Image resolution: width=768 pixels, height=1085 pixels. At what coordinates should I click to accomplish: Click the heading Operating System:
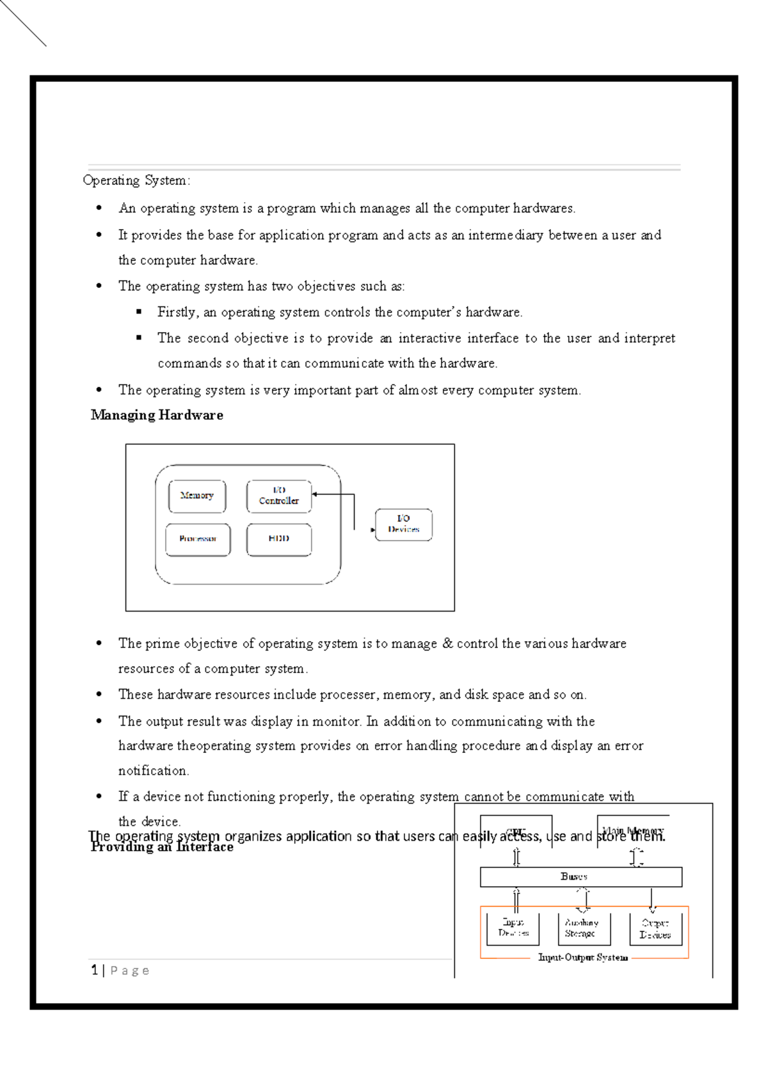pyautogui.click(x=136, y=180)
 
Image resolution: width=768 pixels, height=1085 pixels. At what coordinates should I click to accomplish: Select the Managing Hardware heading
pyautogui.click(x=157, y=415)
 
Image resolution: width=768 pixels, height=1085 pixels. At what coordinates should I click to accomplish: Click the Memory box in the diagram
pyautogui.click(x=197, y=496)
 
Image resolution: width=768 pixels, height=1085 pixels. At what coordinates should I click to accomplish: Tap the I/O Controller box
pyautogui.click(x=279, y=496)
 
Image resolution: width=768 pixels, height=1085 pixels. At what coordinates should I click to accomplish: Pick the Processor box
pyautogui.click(x=198, y=539)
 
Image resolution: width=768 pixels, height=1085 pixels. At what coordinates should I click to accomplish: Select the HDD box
pyautogui.click(x=279, y=539)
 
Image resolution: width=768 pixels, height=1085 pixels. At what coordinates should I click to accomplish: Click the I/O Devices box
pyautogui.click(x=403, y=525)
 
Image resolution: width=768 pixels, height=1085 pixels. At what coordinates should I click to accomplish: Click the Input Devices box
pyautogui.click(x=513, y=928)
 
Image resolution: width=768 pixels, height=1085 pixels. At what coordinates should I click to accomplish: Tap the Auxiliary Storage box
pyautogui.click(x=581, y=928)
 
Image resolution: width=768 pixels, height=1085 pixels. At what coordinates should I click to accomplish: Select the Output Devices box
pyautogui.click(x=655, y=929)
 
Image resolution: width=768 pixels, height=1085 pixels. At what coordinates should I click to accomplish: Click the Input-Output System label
pyautogui.click(x=583, y=958)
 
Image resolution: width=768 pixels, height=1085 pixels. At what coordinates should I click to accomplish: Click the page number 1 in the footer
pyautogui.click(x=95, y=970)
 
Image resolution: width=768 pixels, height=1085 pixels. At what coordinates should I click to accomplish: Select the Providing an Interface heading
pyautogui.click(x=162, y=848)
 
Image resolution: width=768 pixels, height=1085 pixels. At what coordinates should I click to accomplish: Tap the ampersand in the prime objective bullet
pyautogui.click(x=447, y=644)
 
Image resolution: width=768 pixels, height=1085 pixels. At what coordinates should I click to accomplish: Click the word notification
pyautogui.click(x=152, y=771)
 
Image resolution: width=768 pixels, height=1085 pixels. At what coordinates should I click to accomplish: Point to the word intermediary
pyautogui.click(x=505, y=235)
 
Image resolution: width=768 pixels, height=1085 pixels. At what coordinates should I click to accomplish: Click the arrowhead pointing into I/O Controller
pyautogui.click(x=316, y=494)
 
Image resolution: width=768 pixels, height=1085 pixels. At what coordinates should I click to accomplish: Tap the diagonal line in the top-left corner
pyautogui.click(x=23, y=22)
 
